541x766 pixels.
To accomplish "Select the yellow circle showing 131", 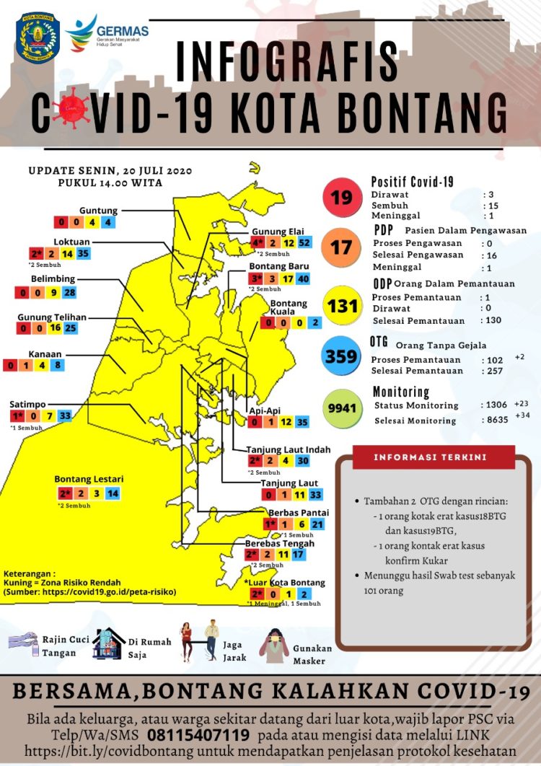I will (x=342, y=305).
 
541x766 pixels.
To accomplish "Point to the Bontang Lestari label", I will (x=89, y=479).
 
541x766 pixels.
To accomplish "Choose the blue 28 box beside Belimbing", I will (x=69, y=292).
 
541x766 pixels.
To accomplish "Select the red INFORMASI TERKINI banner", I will (x=434, y=457).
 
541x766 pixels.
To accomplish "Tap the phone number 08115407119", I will (x=199, y=735).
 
